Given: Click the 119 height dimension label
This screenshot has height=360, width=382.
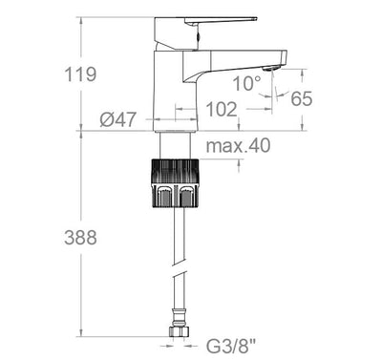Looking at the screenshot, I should tap(80, 74).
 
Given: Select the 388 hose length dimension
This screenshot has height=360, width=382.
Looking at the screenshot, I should tap(80, 238).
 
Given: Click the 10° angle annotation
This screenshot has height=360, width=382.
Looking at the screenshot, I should tap(246, 83).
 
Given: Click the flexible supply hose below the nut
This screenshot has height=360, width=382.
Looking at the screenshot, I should tap(175, 267).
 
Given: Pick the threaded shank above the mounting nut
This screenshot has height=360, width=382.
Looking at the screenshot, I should tap(175, 147).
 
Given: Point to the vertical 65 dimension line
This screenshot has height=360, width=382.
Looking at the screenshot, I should tap(303, 113).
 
